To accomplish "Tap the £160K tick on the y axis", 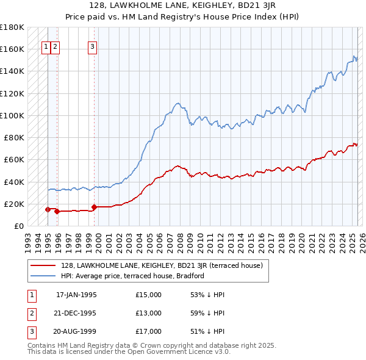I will pos(12,49).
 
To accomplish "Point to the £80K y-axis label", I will pos(14,137).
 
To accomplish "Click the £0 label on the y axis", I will pos(19,226).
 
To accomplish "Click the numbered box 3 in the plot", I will pos(92,45).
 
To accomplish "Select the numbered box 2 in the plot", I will pos(55,45).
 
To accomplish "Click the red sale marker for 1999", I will pos(94,207).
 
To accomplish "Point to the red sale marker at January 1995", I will pos(48,209).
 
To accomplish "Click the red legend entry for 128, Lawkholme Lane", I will pos(162,265).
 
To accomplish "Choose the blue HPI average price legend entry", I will pos(132,276).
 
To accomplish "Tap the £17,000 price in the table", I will pos(149,331).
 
